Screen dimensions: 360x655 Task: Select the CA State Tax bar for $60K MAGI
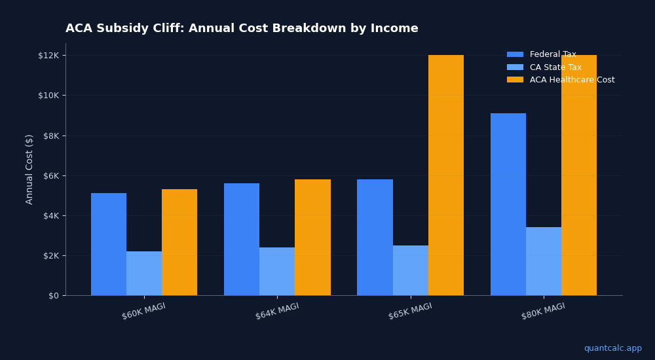pos(144,274)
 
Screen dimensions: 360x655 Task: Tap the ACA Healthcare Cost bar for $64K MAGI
pos(312,238)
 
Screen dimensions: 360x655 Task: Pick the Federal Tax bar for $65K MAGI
pos(375,238)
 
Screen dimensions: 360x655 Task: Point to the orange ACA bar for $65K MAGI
pos(446,175)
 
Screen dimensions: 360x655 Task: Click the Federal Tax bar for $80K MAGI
pos(508,204)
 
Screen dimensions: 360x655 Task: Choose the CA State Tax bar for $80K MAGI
pos(544,261)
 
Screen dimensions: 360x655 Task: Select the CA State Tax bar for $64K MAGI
pos(277,272)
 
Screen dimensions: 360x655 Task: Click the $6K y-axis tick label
pos(50,175)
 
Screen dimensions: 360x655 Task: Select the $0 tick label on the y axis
pos(53,296)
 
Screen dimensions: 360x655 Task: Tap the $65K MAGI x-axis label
pos(410,311)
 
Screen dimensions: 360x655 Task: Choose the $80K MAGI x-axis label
pos(543,311)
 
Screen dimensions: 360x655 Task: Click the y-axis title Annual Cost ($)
pos(29,169)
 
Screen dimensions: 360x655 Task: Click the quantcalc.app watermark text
pos(612,348)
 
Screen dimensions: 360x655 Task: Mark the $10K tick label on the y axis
pos(48,96)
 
